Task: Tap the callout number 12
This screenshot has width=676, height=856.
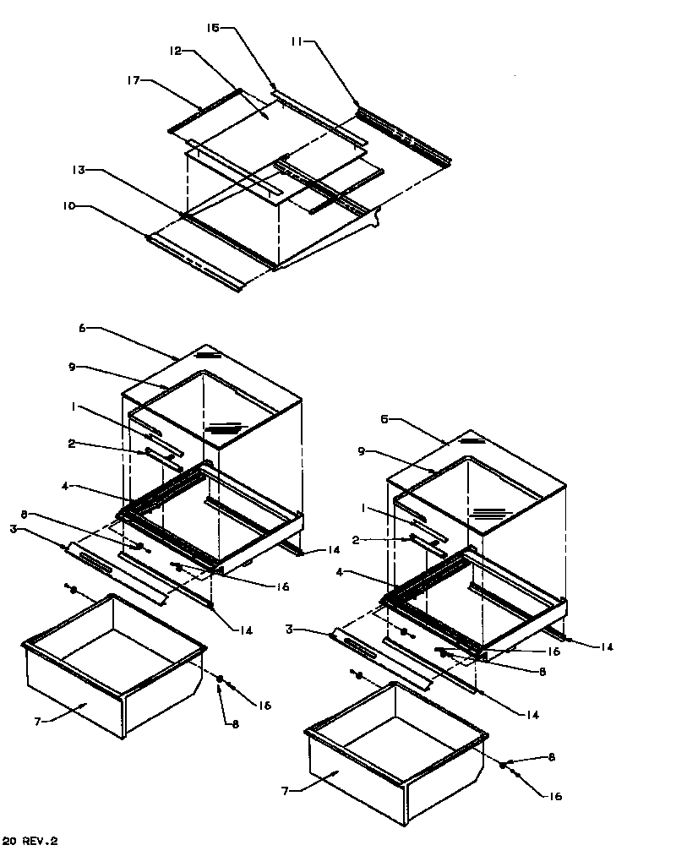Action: [x=175, y=51]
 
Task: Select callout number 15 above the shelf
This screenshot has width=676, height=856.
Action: [x=214, y=28]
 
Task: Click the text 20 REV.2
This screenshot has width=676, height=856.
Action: [x=30, y=842]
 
